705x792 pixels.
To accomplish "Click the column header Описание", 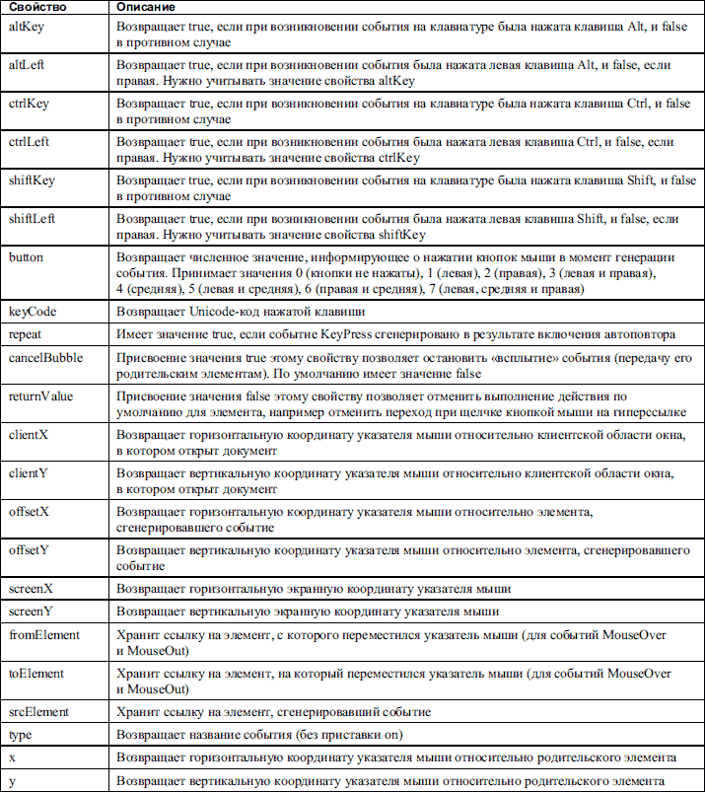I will (145, 8).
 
